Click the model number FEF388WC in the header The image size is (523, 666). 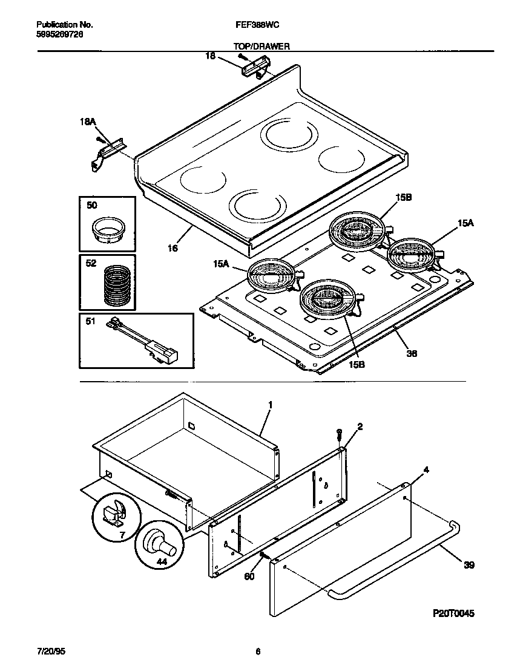click(x=256, y=25)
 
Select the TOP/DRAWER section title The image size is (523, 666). click(x=261, y=46)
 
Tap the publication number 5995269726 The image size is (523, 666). click(x=60, y=35)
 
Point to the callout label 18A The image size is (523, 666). click(x=88, y=122)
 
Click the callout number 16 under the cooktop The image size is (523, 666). click(x=173, y=248)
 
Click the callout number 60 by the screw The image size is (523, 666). click(x=249, y=576)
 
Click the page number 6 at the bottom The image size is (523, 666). click(x=258, y=651)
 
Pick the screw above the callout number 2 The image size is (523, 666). click(x=340, y=433)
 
